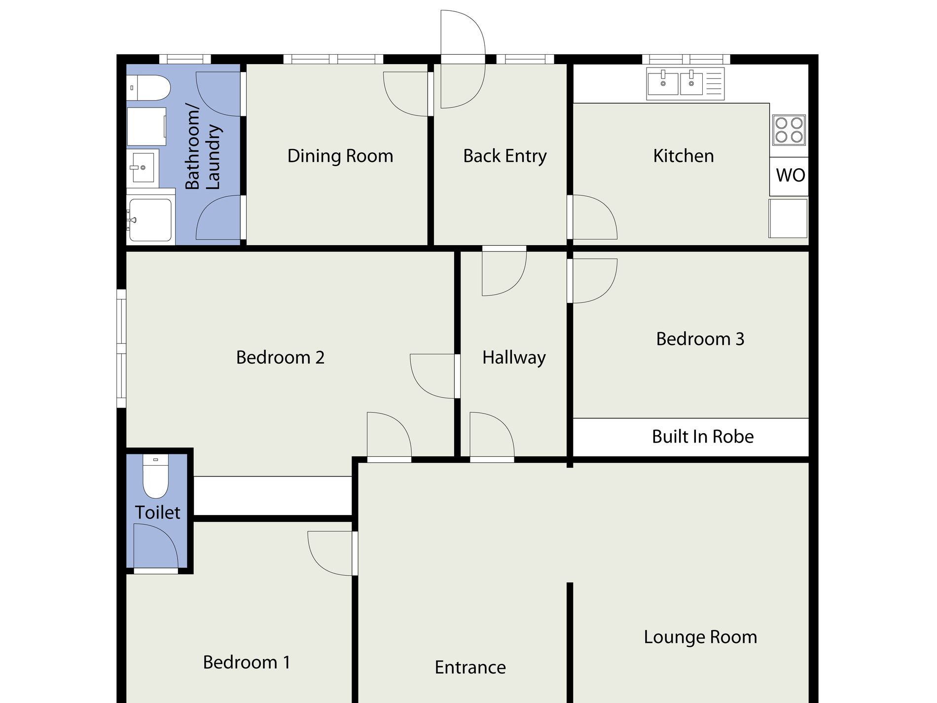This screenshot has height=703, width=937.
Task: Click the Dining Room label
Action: click(340, 156)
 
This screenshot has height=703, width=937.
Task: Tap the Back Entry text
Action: click(505, 156)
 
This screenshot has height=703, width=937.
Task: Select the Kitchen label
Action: click(684, 156)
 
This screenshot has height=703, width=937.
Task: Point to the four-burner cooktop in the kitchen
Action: click(789, 130)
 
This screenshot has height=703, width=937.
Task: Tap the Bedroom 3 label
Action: click(700, 339)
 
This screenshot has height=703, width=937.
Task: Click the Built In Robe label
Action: click(703, 437)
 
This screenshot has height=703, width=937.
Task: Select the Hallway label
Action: click(514, 358)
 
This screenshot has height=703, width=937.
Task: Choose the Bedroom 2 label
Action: click(280, 357)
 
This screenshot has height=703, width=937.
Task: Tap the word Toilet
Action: click(158, 513)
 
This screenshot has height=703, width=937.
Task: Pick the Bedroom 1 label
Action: click(247, 662)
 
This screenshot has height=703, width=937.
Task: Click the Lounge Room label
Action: click(700, 637)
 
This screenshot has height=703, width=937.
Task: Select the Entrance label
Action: click(470, 667)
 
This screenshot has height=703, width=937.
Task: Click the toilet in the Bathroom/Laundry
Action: click(148, 88)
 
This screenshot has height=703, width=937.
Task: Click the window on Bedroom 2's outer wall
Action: click(121, 348)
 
